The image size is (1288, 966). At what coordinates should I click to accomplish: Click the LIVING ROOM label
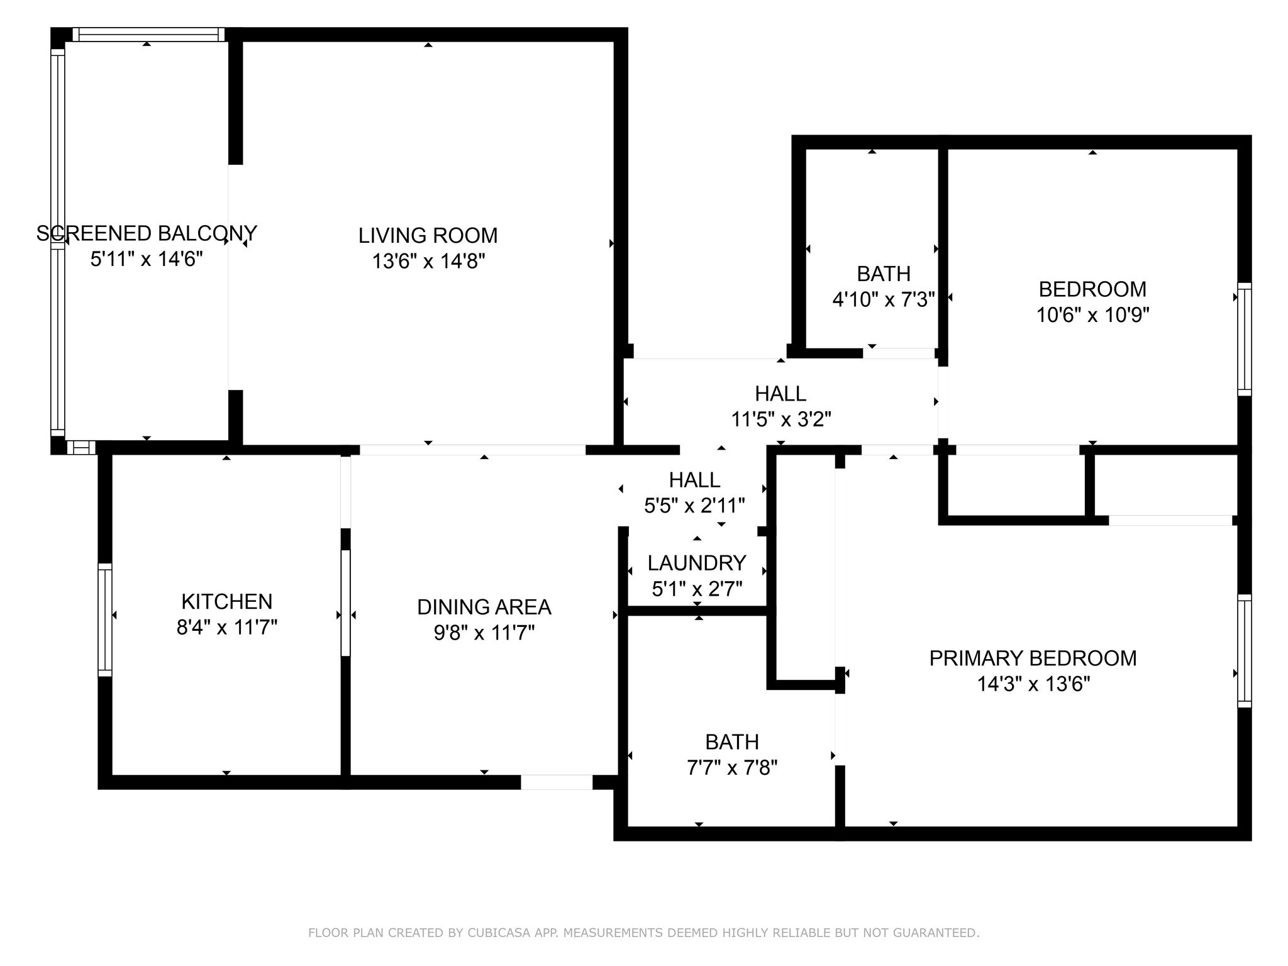click(x=428, y=235)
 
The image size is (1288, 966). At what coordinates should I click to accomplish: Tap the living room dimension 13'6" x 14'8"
click(x=428, y=260)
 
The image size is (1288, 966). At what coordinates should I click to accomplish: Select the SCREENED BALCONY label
click(x=147, y=233)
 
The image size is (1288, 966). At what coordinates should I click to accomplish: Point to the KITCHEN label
click(x=226, y=601)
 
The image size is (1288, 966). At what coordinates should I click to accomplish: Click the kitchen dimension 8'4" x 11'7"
click(x=226, y=627)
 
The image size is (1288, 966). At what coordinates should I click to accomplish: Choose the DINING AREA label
click(x=484, y=607)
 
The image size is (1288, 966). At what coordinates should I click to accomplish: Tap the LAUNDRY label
click(x=697, y=562)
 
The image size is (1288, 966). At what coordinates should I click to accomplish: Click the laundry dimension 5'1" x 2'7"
click(x=697, y=589)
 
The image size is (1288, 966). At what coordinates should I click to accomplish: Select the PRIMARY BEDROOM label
click(x=1033, y=658)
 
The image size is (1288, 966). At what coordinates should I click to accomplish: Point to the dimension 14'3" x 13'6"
click(x=1033, y=684)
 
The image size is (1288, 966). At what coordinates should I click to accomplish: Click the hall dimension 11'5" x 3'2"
click(x=781, y=419)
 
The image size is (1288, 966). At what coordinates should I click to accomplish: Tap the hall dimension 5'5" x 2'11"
click(x=694, y=505)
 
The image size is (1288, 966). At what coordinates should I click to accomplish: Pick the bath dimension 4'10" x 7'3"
click(x=884, y=299)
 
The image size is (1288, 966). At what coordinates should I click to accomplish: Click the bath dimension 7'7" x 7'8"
click(x=732, y=767)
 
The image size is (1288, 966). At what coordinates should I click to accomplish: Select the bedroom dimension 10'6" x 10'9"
click(x=1093, y=314)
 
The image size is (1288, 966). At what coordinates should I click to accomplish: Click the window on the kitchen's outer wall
click(x=105, y=620)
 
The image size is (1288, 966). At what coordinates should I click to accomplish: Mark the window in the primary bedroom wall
click(x=1244, y=651)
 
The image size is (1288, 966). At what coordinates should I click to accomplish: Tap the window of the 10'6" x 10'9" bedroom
click(x=1244, y=340)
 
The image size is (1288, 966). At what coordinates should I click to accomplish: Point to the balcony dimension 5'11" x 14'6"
click(x=147, y=258)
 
